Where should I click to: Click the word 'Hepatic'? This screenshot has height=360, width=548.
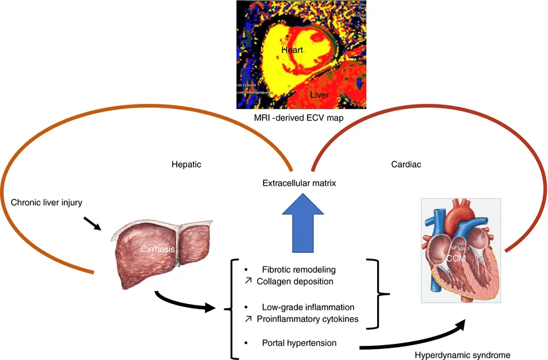point(186,165)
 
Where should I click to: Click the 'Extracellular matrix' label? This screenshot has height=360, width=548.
point(299,184)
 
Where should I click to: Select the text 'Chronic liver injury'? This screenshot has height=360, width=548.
point(47,203)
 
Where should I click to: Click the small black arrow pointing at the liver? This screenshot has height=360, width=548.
point(93,224)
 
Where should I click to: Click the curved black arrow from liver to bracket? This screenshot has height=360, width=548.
point(184,304)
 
